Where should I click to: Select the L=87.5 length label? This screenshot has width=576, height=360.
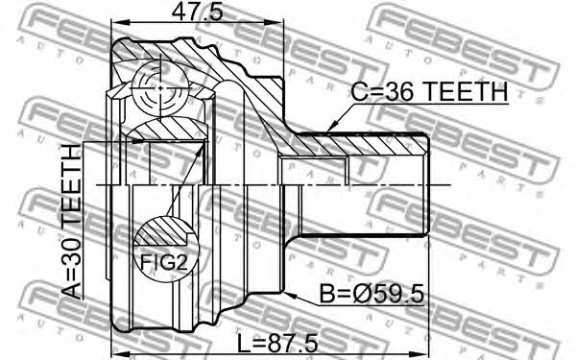277,344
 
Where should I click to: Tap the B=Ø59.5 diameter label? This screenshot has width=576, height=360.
372,295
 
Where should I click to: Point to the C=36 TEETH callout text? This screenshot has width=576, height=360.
429,91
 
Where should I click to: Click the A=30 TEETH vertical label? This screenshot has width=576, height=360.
72,222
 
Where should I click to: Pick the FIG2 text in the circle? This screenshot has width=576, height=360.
164,263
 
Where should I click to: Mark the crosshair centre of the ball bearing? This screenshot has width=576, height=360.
160,87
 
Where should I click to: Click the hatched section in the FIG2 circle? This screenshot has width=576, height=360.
161,232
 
